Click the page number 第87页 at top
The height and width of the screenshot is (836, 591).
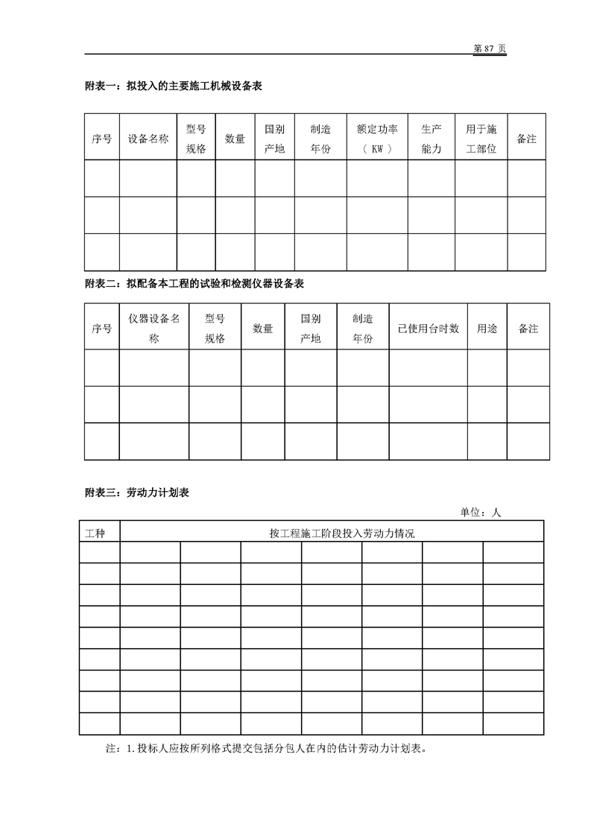[490, 48]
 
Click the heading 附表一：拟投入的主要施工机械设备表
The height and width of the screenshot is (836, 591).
[173, 86]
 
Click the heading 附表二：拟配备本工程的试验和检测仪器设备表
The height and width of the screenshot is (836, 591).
[195, 284]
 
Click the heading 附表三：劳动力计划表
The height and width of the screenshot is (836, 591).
[138, 493]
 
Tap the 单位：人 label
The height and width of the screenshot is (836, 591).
[481, 513]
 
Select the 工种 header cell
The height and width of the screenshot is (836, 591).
[99, 532]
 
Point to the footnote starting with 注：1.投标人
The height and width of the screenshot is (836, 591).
[267, 749]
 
